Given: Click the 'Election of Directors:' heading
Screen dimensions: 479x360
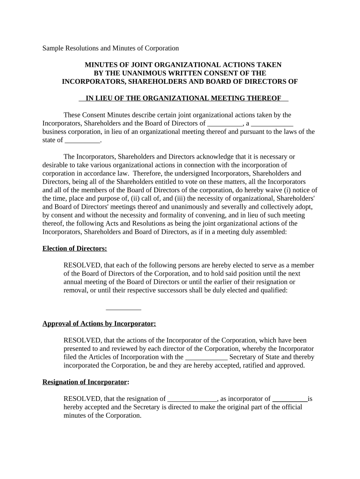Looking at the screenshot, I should pyautogui.click(x=75, y=248).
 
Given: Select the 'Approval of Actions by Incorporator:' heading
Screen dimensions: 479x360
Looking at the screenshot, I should pyautogui.click(x=99, y=323).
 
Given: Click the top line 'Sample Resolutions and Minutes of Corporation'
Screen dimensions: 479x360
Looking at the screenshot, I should pyautogui.click(x=111, y=48).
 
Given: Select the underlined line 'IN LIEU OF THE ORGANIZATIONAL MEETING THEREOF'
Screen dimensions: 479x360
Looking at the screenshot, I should pyautogui.click(x=183, y=98).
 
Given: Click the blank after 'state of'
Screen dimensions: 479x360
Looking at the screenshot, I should pyautogui.click(x=82, y=140).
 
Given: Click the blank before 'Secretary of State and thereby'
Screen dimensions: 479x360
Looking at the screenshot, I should pyautogui.click(x=207, y=357).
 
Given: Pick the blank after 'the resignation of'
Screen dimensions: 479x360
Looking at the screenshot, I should pyautogui.click(x=192, y=399).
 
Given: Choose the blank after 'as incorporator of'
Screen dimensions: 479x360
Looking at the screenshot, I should pyautogui.click(x=290, y=399).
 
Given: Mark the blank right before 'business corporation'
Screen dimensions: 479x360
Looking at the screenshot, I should pyautogui.click(x=272, y=123).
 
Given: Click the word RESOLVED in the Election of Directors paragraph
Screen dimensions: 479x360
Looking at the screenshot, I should pyautogui.click(x=82, y=265).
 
